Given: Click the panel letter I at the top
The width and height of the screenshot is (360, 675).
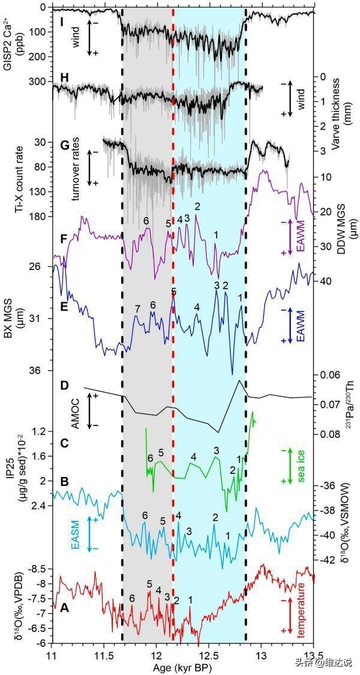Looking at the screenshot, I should [x=62, y=21].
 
